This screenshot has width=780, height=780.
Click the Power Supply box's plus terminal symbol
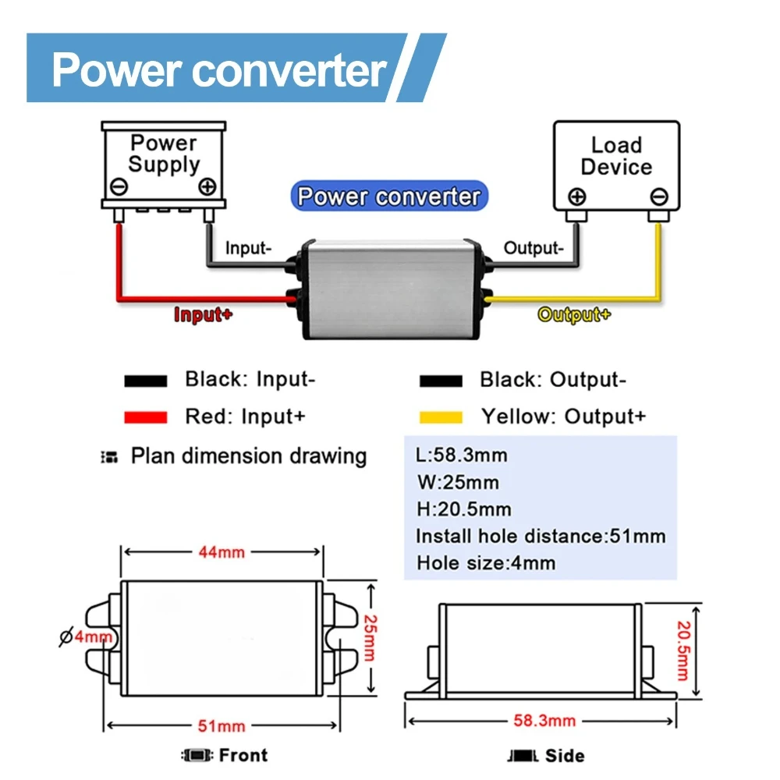click(207, 187)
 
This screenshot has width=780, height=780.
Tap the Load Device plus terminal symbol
click(576, 197)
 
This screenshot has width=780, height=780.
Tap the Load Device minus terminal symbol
click(659, 197)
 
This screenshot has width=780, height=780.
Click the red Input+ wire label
click(203, 315)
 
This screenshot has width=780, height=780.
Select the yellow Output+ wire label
click(574, 315)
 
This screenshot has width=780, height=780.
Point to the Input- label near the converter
click(248, 249)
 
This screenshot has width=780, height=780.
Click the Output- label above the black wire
click(532, 249)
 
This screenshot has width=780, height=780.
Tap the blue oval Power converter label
click(389, 196)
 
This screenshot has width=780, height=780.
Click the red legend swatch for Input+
click(146, 417)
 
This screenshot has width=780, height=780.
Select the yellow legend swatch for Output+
click(441, 417)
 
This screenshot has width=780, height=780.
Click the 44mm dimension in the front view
click(220, 552)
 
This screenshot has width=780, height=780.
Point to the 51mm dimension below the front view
click(220, 726)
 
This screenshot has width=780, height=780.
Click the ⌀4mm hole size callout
click(86, 637)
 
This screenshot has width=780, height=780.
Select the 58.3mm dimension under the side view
click(544, 720)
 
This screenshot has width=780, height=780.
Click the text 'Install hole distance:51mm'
click(541, 537)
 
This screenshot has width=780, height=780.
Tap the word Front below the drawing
click(243, 755)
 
